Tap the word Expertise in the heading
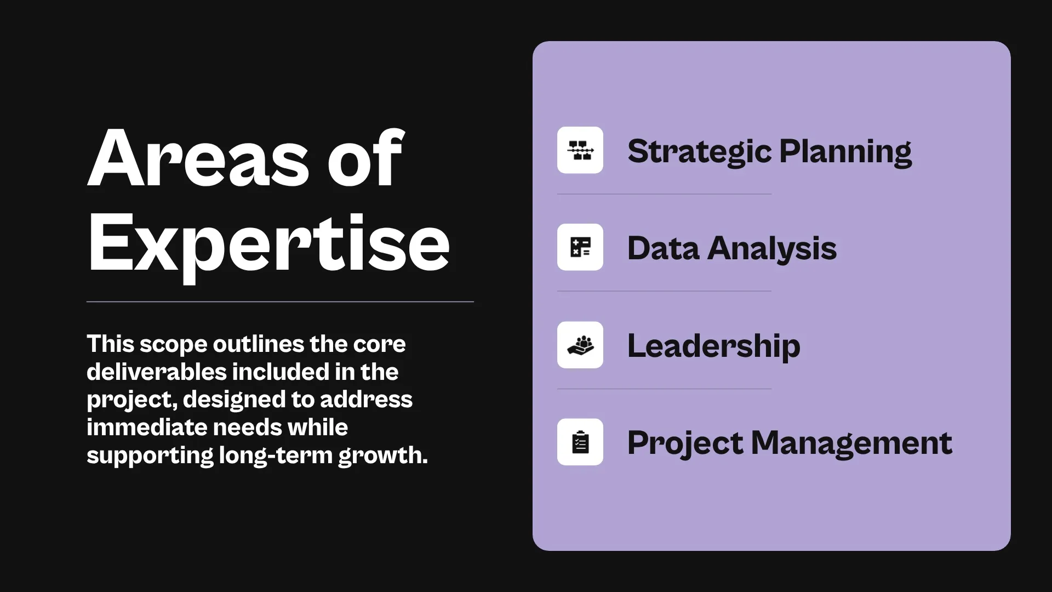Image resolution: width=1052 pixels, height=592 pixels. pyautogui.click(x=268, y=243)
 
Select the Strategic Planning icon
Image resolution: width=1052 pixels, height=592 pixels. pyautogui.click(x=580, y=150)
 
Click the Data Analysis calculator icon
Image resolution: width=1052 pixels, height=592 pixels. pyautogui.click(x=580, y=247)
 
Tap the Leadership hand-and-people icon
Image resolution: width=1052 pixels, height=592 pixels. pyautogui.click(x=580, y=345)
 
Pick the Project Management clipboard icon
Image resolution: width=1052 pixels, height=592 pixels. pyautogui.click(x=580, y=442)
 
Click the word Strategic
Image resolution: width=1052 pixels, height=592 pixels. pyautogui.click(x=699, y=152)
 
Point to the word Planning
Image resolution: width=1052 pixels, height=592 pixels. pyautogui.click(x=845, y=152)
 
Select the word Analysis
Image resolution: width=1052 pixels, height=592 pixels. pyautogui.click(x=772, y=249)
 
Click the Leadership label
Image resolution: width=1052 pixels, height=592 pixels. pyautogui.click(x=713, y=346)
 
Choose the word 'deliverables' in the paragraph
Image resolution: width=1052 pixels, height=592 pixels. pyautogui.click(x=157, y=372)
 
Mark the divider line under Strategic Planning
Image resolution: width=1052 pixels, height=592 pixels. pyautogui.click(x=664, y=194)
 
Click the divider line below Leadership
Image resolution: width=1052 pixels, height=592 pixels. pyautogui.click(x=664, y=389)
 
